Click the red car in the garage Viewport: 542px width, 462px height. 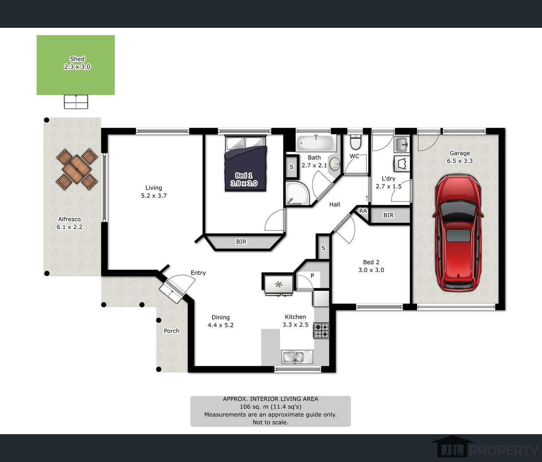(x=458, y=233)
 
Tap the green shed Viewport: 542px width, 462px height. (x=76, y=65)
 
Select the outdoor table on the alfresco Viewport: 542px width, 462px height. (x=77, y=169)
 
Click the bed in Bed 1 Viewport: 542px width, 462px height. (x=245, y=163)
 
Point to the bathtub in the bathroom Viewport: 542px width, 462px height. (x=316, y=143)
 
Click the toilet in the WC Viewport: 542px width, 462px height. (x=356, y=142)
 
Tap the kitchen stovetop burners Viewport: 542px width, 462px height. (x=322, y=331)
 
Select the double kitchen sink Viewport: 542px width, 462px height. (x=297, y=357)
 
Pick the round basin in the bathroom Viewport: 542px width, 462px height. (x=335, y=164)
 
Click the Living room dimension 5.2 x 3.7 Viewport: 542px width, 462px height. (x=154, y=196)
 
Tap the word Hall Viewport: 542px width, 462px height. (x=335, y=204)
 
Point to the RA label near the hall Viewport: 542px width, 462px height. (x=363, y=211)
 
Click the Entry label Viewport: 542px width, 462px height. (x=198, y=273)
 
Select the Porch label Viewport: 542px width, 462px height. (x=172, y=331)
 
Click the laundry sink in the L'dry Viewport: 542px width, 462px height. (x=402, y=145)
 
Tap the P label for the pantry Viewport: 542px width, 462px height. (x=312, y=276)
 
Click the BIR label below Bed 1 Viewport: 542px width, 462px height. (x=241, y=242)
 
